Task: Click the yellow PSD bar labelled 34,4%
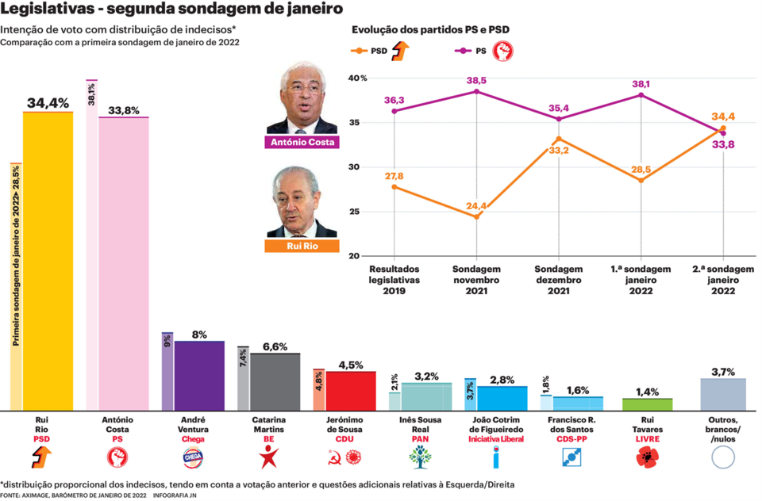(48, 262)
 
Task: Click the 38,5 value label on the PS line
(476, 81)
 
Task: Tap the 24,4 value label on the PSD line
(476, 206)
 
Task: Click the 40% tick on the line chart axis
(358, 78)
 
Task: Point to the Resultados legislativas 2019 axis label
(394, 281)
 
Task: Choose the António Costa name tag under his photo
(302, 143)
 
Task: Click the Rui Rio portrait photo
(302, 202)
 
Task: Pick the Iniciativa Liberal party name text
(496, 439)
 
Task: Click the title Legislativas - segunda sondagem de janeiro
(172, 10)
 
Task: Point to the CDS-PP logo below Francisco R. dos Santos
(571, 457)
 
